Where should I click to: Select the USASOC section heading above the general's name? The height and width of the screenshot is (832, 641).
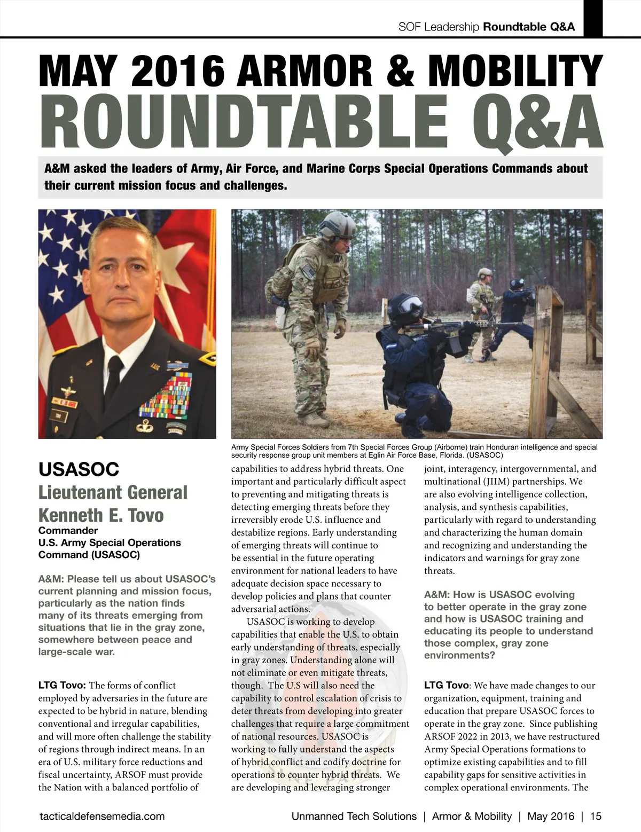(79, 469)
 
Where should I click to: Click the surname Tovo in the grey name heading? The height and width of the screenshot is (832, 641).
(140, 515)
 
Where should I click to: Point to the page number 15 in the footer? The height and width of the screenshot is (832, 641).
(596, 816)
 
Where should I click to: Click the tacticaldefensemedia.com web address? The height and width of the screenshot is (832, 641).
(102, 816)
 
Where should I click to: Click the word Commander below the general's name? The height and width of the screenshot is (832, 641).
(68, 530)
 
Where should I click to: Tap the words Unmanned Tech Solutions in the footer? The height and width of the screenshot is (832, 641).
(354, 816)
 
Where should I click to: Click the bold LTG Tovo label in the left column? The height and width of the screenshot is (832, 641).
(62, 685)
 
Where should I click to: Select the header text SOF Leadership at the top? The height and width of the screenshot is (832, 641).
(439, 27)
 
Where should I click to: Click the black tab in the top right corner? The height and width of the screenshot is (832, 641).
(593, 18)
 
